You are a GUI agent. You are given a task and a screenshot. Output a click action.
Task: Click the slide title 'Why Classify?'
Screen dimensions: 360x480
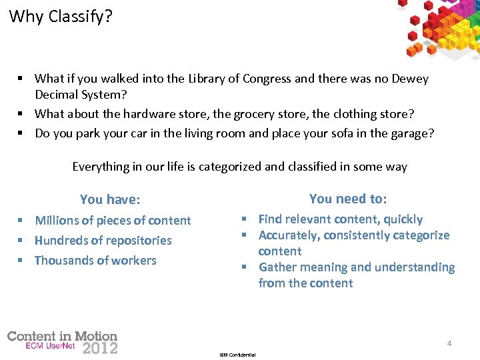tap(61, 16)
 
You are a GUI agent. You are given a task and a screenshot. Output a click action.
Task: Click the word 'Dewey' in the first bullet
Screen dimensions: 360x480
tap(409, 79)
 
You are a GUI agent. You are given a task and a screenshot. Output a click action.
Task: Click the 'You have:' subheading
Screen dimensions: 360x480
tap(110, 199)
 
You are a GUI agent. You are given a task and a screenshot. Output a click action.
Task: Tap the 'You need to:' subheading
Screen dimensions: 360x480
tap(348, 199)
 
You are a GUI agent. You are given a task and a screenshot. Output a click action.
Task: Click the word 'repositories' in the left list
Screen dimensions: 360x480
tap(135, 241)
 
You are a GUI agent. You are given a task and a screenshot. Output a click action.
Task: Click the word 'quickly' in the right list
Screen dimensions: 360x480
tap(401, 219)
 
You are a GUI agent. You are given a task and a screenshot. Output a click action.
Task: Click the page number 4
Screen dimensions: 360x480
tap(449, 343)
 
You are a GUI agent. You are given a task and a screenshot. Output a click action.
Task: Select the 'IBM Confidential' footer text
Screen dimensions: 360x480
tap(237, 355)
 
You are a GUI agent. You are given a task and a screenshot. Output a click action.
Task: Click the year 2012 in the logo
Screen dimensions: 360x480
tap(100, 347)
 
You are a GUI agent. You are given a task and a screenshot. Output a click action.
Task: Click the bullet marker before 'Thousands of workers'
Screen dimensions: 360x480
tap(22, 261)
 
